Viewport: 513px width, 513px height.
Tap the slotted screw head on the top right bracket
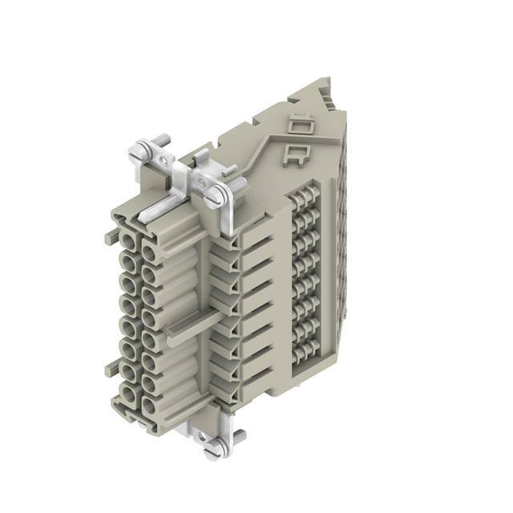tap(216, 192)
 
